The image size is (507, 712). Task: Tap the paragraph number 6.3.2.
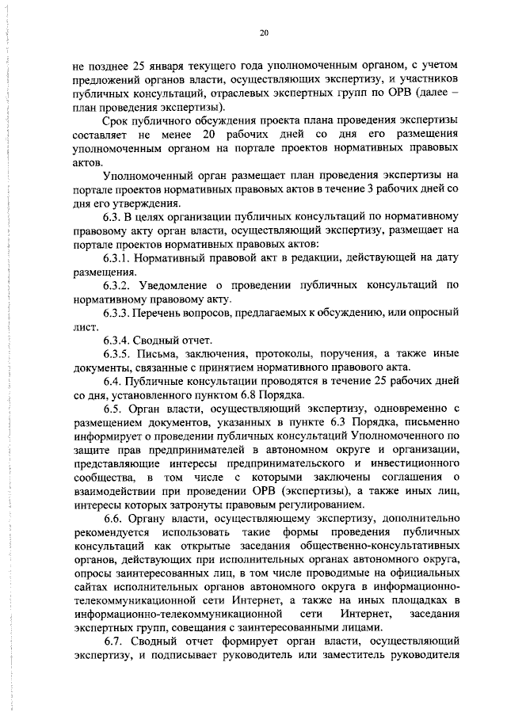coord(118,286)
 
